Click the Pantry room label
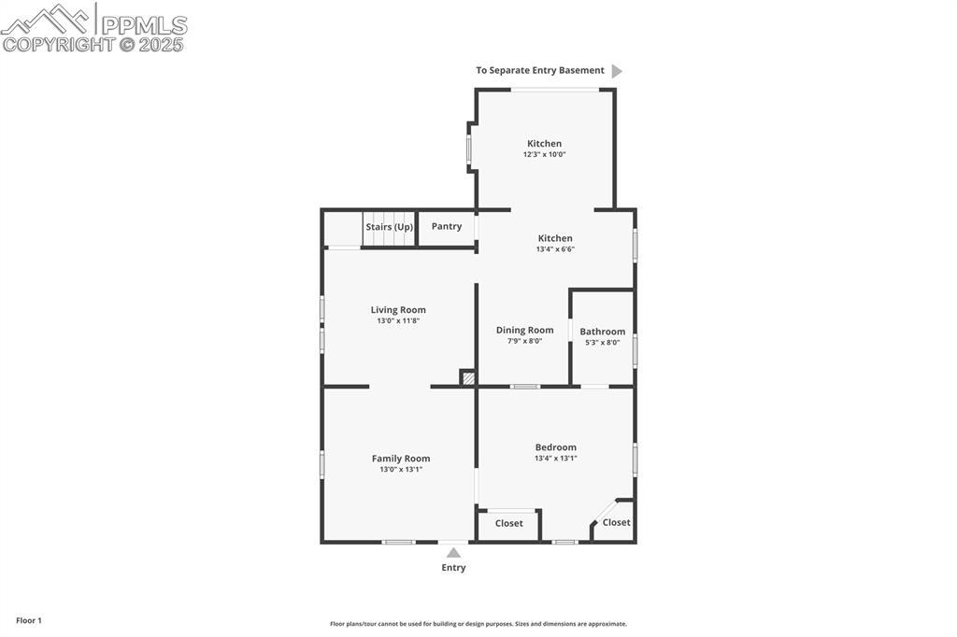[x=447, y=226]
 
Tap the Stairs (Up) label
[x=389, y=227]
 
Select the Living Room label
[x=398, y=310]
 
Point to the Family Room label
[x=401, y=459]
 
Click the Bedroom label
[x=555, y=447]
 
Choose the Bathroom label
[x=602, y=332]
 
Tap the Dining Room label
[x=524, y=330]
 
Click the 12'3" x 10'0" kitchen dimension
[x=544, y=155]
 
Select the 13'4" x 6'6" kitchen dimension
[x=554, y=249]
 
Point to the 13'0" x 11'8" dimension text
[x=398, y=321]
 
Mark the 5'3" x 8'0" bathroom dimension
[x=602, y=343]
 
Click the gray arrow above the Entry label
[x=453, y=552]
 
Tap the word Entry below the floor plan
[x=453, y=568]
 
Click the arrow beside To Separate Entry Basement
[x=616, y=71]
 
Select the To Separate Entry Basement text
[x=539, y=71]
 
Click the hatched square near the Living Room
[x=468, y=378]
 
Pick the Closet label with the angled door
[x=616, y=523]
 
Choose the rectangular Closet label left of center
[x=508, y=524]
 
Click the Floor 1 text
[x=29, y=620]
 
